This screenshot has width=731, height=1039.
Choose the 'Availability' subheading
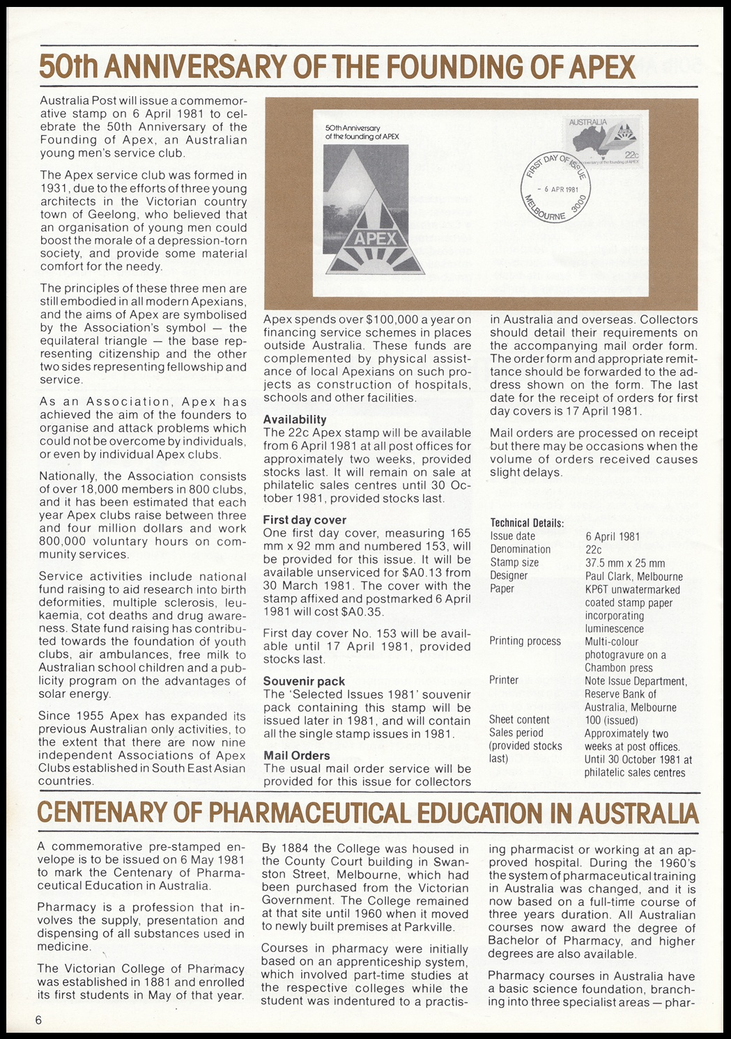295,419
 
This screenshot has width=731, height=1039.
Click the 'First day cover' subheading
305,519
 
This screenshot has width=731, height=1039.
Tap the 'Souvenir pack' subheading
304,681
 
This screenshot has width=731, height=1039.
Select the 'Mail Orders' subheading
297,755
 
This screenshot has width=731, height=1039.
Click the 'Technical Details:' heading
527,523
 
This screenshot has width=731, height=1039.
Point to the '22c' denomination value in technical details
594,549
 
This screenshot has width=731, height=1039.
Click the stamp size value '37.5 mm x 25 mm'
625,563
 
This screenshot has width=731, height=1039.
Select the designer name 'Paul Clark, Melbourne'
634,576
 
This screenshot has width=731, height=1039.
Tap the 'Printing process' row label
525,641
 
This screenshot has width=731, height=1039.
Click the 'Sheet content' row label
519,719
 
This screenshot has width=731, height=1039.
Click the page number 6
39,1020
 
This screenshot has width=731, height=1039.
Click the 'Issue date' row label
513,536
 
